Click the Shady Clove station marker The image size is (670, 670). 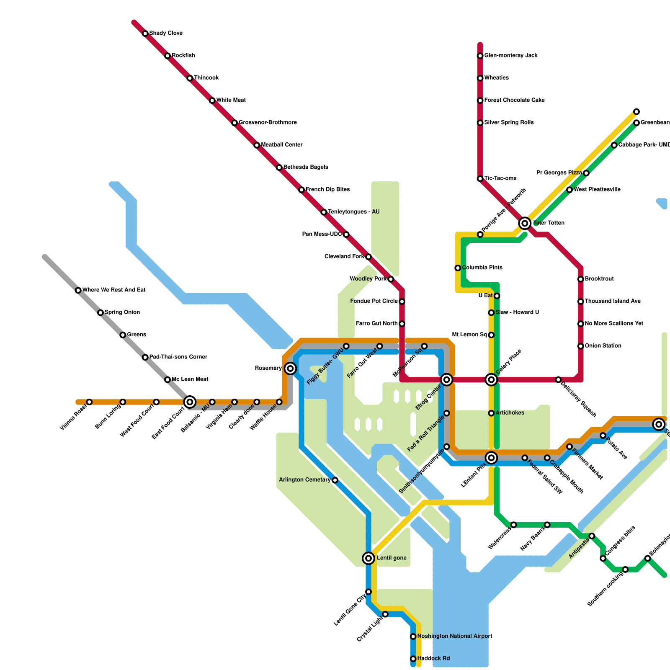pyautogui.click(x=145, y=33)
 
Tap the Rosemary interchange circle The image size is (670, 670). pyautogui.click(x=290, y=368)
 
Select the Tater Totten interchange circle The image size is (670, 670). pyautogui.click(x=525, y=223)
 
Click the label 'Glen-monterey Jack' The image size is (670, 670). pyautogui.click(x=510, y=56)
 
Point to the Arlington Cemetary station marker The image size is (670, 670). pyautogui.click(x=335, y=480)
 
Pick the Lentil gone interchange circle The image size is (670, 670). pyautogui.click(x=368, y=558)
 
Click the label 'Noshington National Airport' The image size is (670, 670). pyautogui.click(x=454, y=636)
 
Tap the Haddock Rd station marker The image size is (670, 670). pyautogui.click(x=413, y=659)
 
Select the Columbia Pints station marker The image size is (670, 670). pyautogui.click(x=458, y=268)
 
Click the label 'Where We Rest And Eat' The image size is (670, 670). pyautogui.click(x=114, y=290)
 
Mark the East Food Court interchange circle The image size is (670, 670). pyautogui.click(x=190, y=402)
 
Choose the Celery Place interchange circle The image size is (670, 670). pyautogui.click(x=491, y=380)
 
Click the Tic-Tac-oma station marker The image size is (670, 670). pyautogui.click(x=480, y=179)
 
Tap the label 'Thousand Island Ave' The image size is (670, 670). pyautogui.click(x=612, y=301)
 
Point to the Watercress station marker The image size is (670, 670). pyautogui.click(x=514, y=525)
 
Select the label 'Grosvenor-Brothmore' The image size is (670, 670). pyautogui.click(x=268, y=123)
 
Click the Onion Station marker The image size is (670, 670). pyautogui.click(x=581, y=346)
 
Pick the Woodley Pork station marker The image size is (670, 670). pyautogui.click(x=391, y=279)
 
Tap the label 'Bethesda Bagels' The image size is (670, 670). pyautogui.click(x=306, y=167)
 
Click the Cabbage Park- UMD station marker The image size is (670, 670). pyautogui.click(x=614, y=145)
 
